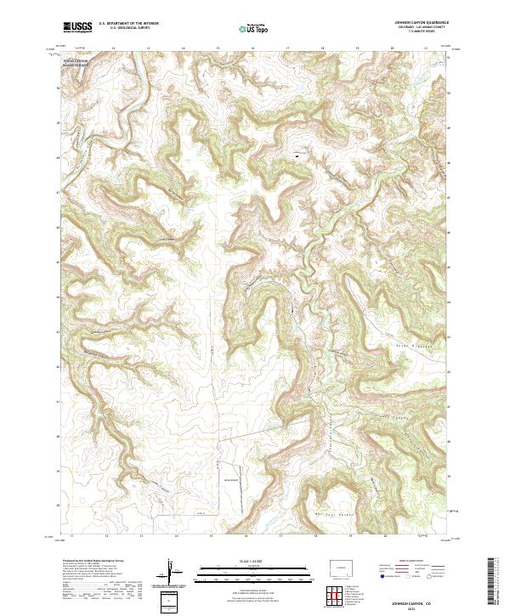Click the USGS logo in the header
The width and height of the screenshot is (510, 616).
[x=77, y=26]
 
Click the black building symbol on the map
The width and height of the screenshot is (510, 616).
[x=297, y=155]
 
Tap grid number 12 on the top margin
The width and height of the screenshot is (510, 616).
[x=113, y=48]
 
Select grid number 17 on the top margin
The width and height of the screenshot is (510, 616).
[x=287, y=48]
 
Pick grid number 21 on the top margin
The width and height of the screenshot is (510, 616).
[x=426, y=48]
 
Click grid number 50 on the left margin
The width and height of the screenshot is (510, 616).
[x=59, y=88]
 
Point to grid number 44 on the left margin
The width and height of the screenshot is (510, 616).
[x=59, y=297]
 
